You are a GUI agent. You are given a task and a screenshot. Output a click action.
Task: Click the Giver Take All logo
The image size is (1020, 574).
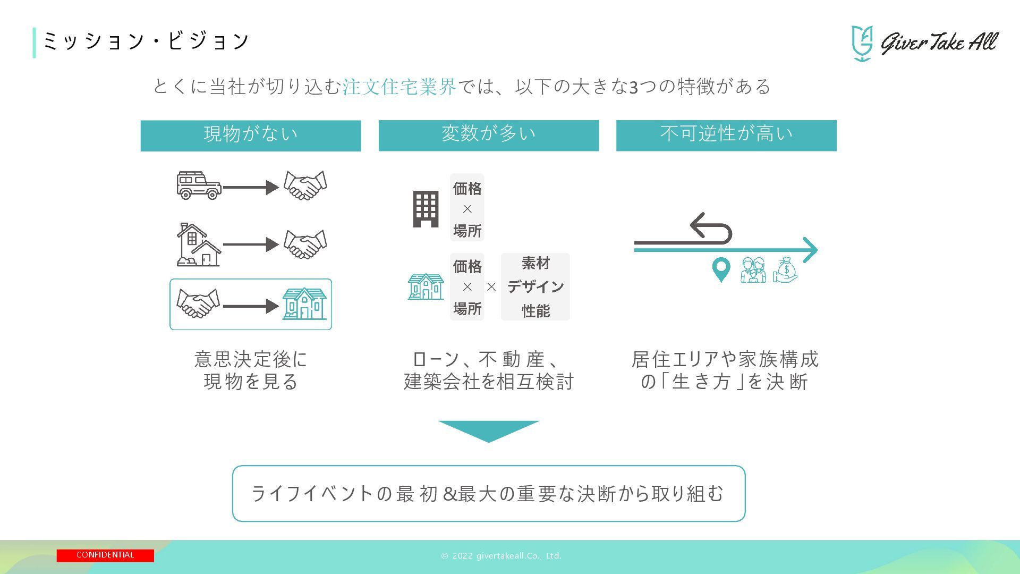point(924,43)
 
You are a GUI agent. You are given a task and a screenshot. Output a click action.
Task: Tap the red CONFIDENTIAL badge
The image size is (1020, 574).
point(105,555)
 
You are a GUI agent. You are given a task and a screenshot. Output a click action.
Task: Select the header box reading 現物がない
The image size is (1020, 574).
point(251,136)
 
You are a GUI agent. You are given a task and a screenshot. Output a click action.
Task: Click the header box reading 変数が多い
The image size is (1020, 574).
point(488,136)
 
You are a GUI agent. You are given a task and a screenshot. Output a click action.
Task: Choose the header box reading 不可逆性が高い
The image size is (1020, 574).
point(726,136)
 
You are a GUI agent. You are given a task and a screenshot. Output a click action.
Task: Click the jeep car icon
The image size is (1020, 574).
point(198,185)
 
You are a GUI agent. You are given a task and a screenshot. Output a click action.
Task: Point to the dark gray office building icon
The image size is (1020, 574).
point(426,209)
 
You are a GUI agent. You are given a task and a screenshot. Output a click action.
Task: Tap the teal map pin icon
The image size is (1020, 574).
point(720,269)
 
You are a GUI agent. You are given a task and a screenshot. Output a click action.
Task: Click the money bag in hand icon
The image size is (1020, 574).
point(785,270)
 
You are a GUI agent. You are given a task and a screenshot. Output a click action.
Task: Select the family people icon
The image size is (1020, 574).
point(753,270)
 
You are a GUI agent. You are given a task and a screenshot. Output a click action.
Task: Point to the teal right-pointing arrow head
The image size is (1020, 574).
point(810,250)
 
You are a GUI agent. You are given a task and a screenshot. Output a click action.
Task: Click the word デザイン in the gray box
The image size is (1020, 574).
point(535,287)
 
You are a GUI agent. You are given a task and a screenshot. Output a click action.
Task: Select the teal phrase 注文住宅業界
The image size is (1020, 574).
point(399,87)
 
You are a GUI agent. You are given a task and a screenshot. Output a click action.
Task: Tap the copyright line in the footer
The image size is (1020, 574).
point(501,556)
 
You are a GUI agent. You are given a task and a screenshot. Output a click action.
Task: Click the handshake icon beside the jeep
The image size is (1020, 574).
point(305,185)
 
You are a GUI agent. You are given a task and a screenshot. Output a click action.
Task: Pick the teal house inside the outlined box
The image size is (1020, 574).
point(304,304)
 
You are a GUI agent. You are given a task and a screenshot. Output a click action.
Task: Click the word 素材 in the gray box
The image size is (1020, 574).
point(535,263)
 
